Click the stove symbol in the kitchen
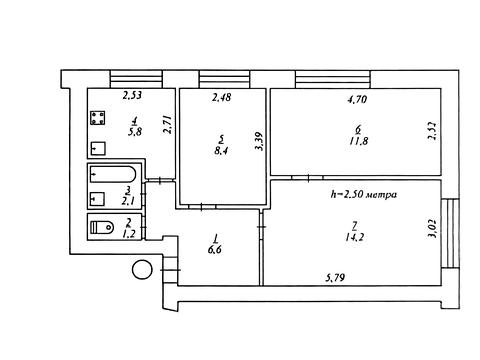[98, 118]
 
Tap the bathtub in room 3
[113, 174]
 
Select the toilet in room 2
[102, 227]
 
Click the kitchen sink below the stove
[98, 148]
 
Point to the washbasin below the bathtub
[98, 199]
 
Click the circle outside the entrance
[142, 269]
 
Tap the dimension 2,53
[132, 96]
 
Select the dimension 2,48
[222, 98]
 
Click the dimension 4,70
[357, 99]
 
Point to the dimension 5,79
[335, 277]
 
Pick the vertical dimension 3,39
[259, 142]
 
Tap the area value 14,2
[355, 237]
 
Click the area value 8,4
[222, 151]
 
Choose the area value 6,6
[215, 250]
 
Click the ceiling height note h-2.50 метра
[363, 194]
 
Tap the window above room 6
[333, 79]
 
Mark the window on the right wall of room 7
[450, 233]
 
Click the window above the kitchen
[136, 79]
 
